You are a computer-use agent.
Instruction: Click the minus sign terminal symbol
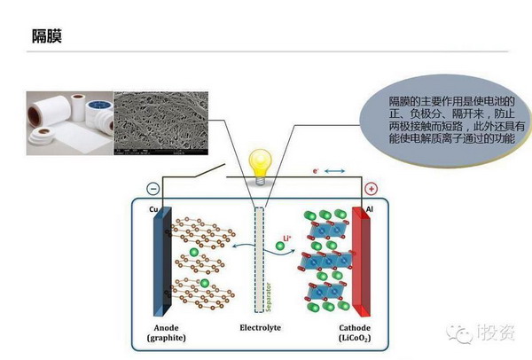pos(153,189)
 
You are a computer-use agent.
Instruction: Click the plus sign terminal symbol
pos(370,189)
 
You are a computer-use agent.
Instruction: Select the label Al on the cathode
pos(369,210)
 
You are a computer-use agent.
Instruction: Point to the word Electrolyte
pos(260,327)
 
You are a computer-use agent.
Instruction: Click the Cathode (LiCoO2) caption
pos(356,333)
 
